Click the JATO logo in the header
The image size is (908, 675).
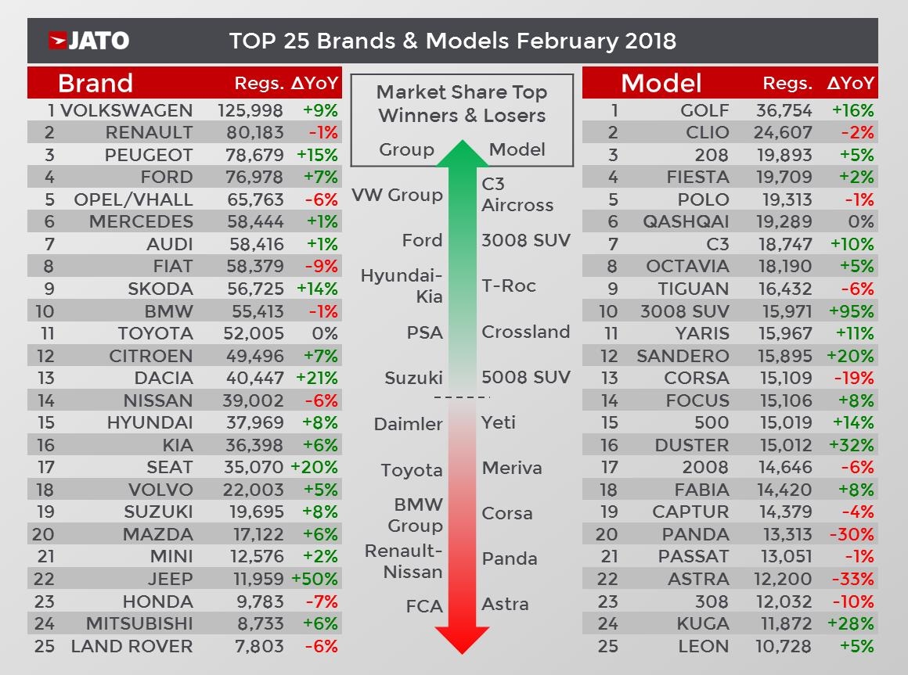pos(88,41)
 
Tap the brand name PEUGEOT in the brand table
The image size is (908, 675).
pos(149,155)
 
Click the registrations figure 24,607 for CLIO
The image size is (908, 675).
pos(783,132)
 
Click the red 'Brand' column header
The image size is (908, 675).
pos(95,83)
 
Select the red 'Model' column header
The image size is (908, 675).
pos(661,83)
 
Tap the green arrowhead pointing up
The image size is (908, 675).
pos(462,154)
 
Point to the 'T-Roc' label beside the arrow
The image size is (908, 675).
pos(509,285)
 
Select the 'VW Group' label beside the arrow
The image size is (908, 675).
pos(397,195)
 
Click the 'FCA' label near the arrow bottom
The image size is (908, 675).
pos(424,606)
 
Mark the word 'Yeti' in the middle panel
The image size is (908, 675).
pos(499,422)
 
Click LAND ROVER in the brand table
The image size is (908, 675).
pos(132,647)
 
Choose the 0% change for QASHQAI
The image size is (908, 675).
pos(860,222)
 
